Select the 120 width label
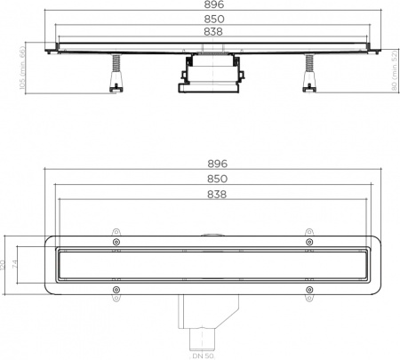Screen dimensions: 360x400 point(5,265)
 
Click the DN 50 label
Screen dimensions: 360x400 point(204,356)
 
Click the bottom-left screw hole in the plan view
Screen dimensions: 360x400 point(116,289)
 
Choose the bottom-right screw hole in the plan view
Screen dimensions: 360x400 point(308,289)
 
